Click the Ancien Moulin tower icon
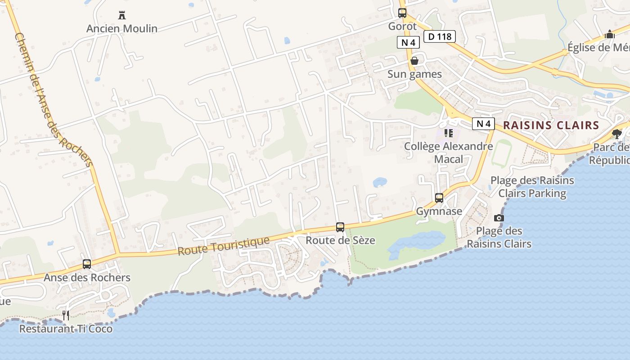coord(121,15)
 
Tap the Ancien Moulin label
coord(122,29)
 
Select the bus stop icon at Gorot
coord(402,13)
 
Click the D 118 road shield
coord(440,36)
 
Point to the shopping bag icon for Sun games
coord(414,61)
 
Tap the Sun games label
coord(414,74)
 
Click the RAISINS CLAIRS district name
coord(551,126)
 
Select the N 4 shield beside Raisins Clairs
coord(483,124)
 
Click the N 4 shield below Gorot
coord(408,43)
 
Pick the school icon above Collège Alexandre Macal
coord(448,133)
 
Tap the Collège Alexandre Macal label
coord(448,153)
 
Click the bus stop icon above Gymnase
coord(439,198)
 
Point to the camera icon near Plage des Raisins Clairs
coord(499,218)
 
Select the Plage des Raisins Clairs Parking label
coord(532,187)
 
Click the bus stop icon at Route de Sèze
coord(340,227)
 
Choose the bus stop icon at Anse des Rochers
coord(87,264)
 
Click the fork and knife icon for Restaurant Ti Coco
coord(66,315)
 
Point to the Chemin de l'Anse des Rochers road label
coord(54,100)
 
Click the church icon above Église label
coord(610,34)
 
